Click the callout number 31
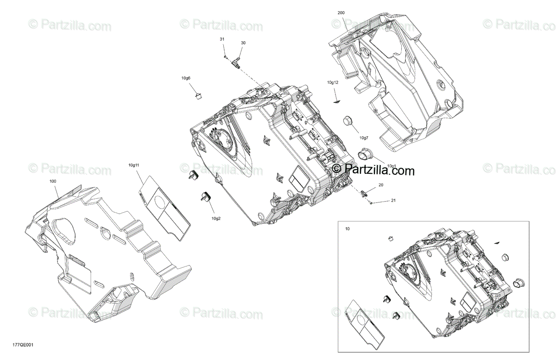click(x=222, y=40)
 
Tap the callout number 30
click(x=243, y=43)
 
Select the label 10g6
click(x=186, y=78)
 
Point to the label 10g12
click(x=333, y=82)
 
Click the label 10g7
click(x=363, y=138)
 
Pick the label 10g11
click(x=134, y=164)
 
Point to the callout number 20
click(x=381, y=185)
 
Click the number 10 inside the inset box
click(x=347, y=229)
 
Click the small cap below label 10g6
click(x=199, y=96)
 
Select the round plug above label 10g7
click(x=348, y=121)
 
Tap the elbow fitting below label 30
click(x=236, y=62)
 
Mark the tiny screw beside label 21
click(x=372, y=202)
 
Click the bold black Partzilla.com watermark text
click(x=373, y=171)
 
